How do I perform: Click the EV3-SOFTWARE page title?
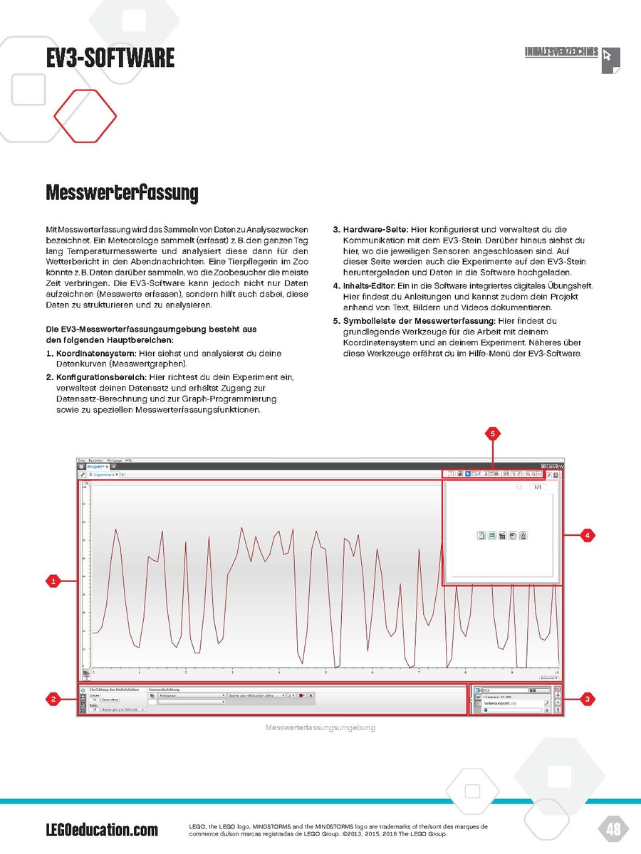(x=110, y=58)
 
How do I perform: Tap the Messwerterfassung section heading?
(x=122, y=193)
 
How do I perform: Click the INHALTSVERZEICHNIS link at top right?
(x=561, y=52)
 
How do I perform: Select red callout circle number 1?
(x=53, y=582)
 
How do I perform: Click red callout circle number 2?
(x=53, y=700)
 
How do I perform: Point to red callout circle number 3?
(x=586, y=700)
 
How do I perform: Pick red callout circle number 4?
(x=586, y=535)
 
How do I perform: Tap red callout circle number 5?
(x=491, y=433)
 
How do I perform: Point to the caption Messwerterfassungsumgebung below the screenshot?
(x=320, y=728)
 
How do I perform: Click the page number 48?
(x=613, y=828)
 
